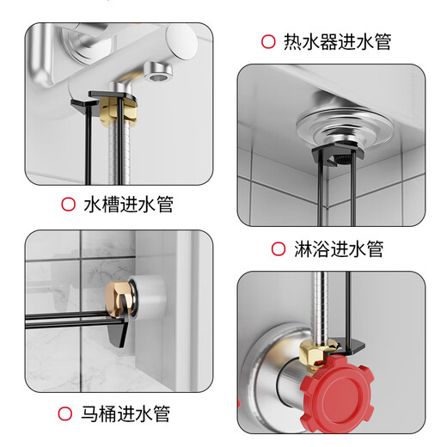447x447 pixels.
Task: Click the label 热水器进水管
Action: [339, 41]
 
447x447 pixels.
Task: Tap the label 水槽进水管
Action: [129, 205]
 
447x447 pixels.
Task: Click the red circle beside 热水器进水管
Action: [267, 41]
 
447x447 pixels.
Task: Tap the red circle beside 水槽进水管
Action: [68, 205]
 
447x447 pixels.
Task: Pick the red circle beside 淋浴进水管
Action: [279, 249]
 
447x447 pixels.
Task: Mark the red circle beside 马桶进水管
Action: [65, 414]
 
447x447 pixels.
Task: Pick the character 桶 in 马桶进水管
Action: [118, 414]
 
